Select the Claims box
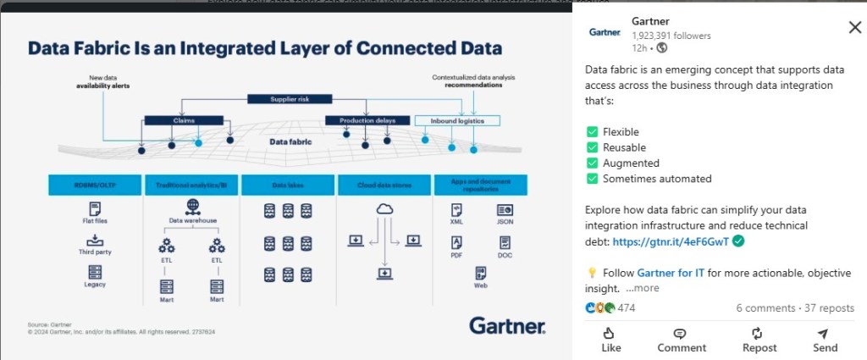pyautogui.click(x=183, y=120)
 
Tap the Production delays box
pyautogui.click(x=367, y=120)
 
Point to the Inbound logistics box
pyautogui.click(x=458, y=120)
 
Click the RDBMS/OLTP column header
pyautogui.click(x=95, y=184)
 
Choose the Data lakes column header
pyautogui.click(x=288, y=184)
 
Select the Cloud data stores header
pyautogui.click(x=384, y=184)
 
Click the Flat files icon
pyautogui.click(x=95, y=208)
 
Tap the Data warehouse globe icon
pyautogui.click(x=192, y=206)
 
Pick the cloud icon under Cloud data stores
pyautogui.click(x=384, y=208)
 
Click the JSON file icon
pyautogui.click(x=504, y=209)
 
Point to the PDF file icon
pyautogui.click(x=456, y=242)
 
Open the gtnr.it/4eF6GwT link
pyautogui.click(x=671, y=241)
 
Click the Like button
pyautogui.click(x=610, y=340)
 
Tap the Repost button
pyautogui.click(x=759, y=340)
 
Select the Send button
pyautogui.click(x=825, y=340)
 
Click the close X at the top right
pyautogui.click(x=854, y=28)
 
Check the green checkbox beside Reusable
pyautogui.click(x=593, y=147)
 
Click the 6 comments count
pyautogui.click(x=764, y=308)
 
